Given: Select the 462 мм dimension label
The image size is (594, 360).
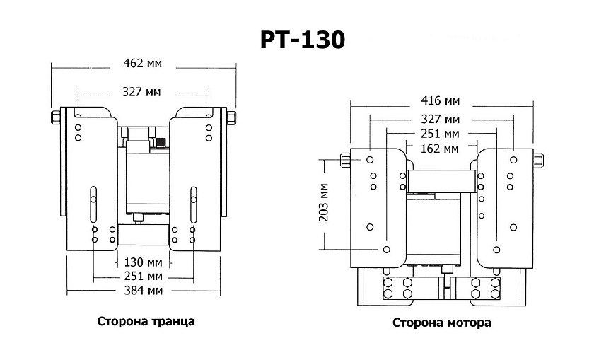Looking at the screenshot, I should pos(142,64).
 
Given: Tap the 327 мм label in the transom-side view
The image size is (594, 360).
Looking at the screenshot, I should pos(142,92).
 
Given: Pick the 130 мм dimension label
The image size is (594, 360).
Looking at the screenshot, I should pos(142,261).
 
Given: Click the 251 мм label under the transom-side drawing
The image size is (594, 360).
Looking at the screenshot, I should pos(142,275).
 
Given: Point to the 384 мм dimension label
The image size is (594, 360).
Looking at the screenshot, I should pos(142,291).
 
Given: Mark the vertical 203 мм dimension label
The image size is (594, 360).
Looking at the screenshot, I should pos(325,203).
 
